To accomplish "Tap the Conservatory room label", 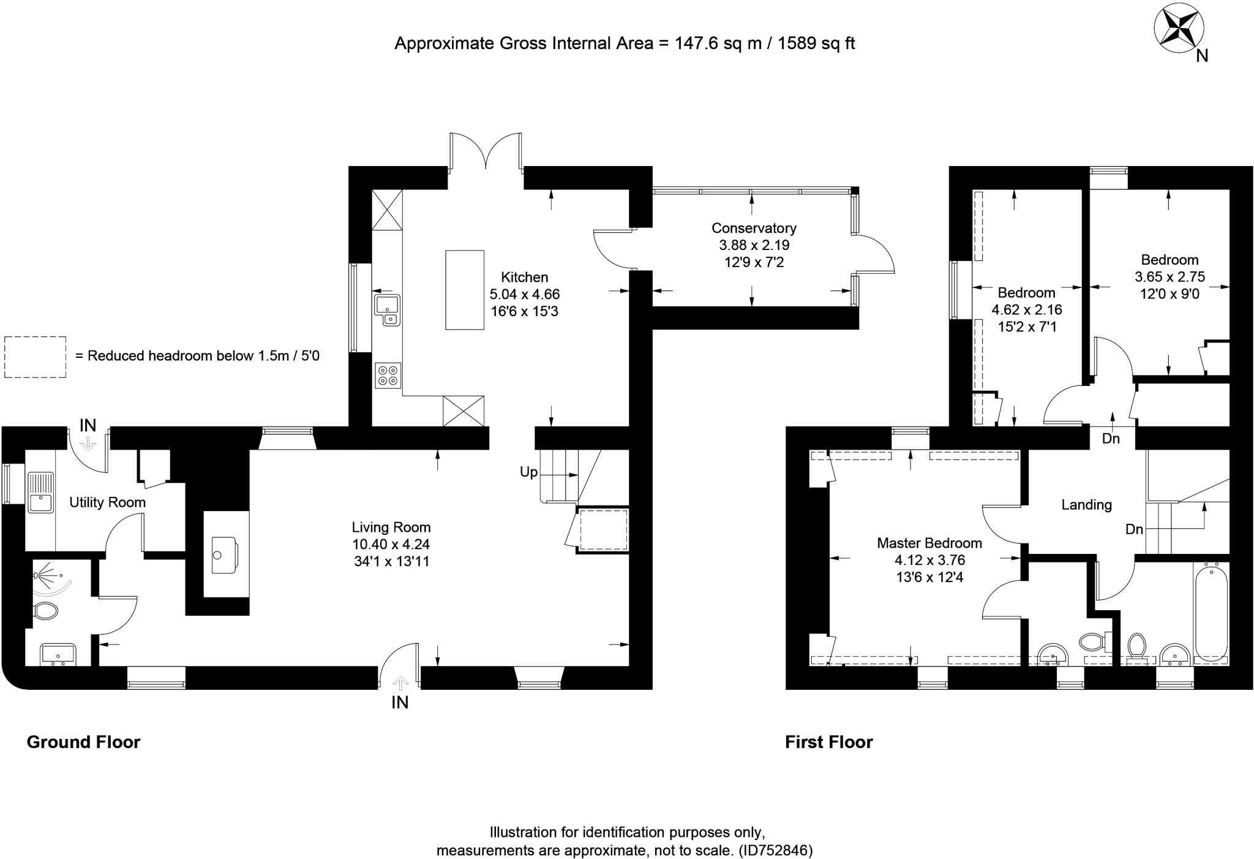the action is tap(754, 229).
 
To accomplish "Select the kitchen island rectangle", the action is tap(465, 290).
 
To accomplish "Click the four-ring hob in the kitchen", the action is tap(388, 375).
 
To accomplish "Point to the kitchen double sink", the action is tap(387, 310).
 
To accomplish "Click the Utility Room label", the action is tap(107, 502).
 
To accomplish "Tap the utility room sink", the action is tap(41, 493).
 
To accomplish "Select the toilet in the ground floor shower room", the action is tap(45, 611).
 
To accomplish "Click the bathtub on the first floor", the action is tap(1211, 613).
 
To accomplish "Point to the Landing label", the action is tap(1086, 505).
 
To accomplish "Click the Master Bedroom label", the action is tap(929, 543).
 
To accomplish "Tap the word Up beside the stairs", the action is tap(528, 472).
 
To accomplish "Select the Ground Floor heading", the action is tap(83, 742).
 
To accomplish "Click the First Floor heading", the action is tap(828, 742).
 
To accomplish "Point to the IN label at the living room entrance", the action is tap(400, 703).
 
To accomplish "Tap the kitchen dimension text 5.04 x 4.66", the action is tap(525, 294).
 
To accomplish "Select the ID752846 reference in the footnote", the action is tap(775, 850).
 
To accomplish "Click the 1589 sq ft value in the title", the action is tap(816, 44).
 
